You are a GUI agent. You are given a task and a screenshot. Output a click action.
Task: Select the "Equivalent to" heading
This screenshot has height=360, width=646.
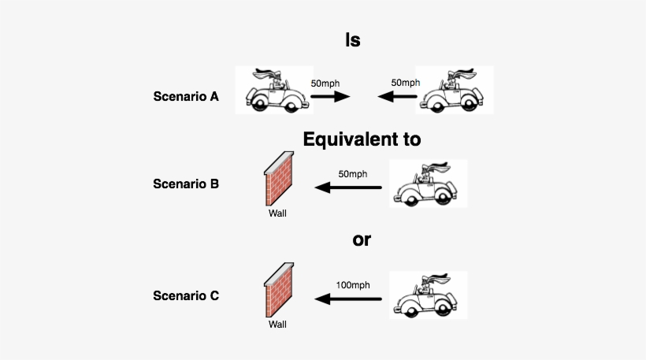pyautogui.click(x=362, y=139)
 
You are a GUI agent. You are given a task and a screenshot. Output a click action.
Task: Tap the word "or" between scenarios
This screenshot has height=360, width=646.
pyautogui.click(x=361, y=239)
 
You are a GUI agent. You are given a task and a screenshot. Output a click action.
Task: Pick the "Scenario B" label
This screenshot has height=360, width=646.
pyautogui.click(x=186, y=184)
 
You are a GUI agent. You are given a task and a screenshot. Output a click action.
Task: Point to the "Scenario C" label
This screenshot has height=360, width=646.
pyautogui.click(x=186, y=296)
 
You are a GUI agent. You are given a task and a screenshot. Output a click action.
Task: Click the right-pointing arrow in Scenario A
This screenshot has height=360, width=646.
pyautogui.click(x=330, y=97)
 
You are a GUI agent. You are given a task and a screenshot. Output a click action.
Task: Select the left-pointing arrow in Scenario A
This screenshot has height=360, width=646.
pyautogui.click(x=397, y=97)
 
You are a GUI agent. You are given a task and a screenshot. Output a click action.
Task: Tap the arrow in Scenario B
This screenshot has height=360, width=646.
pyautogui.click(x=349, y=187)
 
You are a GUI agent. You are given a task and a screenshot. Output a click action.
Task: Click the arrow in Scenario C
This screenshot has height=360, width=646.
pyautogui.click(x=349, y=299)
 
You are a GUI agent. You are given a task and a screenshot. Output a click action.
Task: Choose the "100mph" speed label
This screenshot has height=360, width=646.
pyautogui.click(x=353, y=284)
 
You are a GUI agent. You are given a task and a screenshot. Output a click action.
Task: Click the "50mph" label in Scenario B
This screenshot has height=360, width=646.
pyautogui.click(x=353, y=173)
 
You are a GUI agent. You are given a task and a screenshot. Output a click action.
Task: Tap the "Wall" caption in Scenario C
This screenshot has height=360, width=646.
pyautogui.click(x=277, y=324)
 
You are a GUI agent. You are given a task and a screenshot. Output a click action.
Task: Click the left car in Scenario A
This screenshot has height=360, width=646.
pyautogui.click(x=273, y=91)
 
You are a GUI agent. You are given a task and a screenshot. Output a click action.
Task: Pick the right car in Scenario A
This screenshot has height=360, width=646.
pyautogui.click(x=455, y=91)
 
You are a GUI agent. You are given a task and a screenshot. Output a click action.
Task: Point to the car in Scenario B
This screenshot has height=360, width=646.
pyautogui.click(x=429, y=184)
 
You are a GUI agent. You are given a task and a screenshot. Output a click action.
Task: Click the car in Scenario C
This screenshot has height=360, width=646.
pyautogui.click(x=429, y=295)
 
